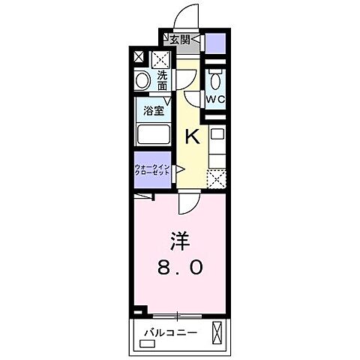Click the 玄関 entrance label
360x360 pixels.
point(178,40)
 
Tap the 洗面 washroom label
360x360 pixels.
point(163,79)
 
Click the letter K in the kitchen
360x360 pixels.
point(192,136)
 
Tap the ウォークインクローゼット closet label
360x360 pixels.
point(153,169)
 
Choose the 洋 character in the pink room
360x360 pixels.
point(177,242)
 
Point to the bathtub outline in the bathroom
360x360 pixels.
point(153,136)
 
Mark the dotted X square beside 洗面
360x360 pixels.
point(161,59)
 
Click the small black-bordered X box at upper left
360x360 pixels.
point(138,56)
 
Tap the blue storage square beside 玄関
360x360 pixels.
point(215,42)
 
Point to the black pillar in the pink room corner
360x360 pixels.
point(136,311)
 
